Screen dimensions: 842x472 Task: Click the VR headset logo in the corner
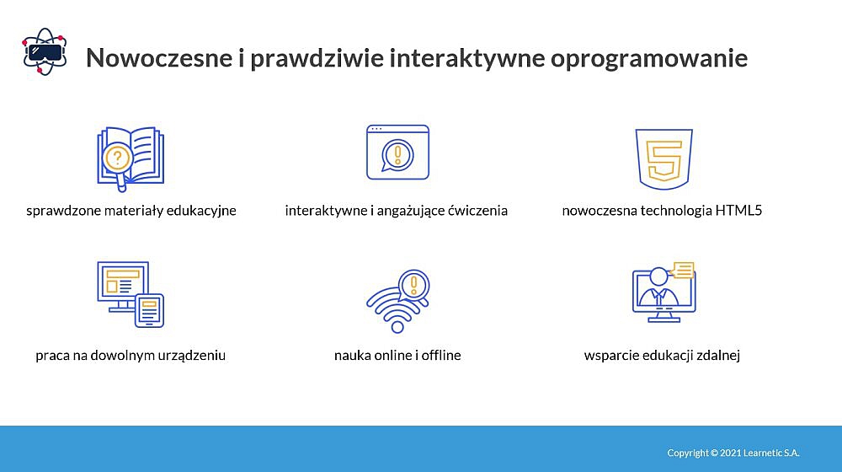tap(45, 51)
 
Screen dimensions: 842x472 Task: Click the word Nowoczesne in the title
tap(159, 57)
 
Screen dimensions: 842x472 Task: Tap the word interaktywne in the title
tap(467, 57)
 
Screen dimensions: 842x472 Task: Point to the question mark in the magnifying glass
tap(117, 158)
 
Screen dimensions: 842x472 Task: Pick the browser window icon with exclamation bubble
tap(398, 153)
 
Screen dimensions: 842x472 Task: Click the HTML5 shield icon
tap(663, 159)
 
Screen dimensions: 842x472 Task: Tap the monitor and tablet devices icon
tap(131, 295)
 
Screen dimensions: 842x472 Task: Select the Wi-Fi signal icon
tap(398, 301)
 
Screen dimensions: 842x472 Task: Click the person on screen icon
tap(663, 292)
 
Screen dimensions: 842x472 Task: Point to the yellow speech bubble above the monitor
tap(683, 270)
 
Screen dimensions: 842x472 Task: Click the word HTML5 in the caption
tap(738, 210)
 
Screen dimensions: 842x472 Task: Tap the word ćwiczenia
tap(478, 210)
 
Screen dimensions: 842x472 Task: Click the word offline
tap(441, 356)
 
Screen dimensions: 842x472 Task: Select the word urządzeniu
tap(192, 356)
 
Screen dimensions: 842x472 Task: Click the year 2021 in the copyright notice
tap(730, 453)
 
